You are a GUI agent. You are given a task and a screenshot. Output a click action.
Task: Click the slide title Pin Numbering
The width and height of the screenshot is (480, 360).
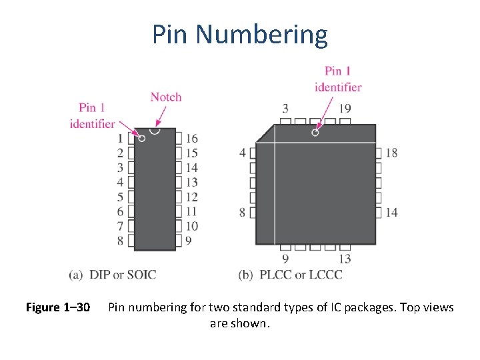pyautogui.click(x=240, y=34)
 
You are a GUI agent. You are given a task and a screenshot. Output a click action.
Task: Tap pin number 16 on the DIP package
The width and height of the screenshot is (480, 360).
pyautogui.click(x=192, y=139)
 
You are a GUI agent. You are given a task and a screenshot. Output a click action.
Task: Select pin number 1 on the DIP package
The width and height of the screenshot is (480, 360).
pyautogui.click(x=120, y=139)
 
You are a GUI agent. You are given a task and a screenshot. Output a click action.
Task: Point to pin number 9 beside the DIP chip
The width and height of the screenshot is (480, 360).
pyautogui.click(x=189, y=241)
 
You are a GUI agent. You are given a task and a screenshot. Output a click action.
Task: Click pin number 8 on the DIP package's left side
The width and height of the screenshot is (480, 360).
pyautogui.click(x=120, y=241)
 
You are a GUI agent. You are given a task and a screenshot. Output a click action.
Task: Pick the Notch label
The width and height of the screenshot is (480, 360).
pyautogui.click(x=166, y=97)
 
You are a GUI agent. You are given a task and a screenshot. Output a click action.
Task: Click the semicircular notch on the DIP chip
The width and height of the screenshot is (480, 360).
pyautogui.click(x=155, y=130)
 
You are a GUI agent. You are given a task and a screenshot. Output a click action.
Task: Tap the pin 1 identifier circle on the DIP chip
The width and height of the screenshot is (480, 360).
pyautogui.click(x=141, y=138)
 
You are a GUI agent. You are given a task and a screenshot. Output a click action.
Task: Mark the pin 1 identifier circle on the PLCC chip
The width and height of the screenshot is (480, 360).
pyautogui.click(x=315, y=132)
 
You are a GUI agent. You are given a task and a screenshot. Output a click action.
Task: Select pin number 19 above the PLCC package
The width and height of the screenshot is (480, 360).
pyautogui.click(x=345, y=109)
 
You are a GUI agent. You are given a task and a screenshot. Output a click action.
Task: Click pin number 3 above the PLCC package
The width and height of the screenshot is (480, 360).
pyautogui.click(x=285, y=109)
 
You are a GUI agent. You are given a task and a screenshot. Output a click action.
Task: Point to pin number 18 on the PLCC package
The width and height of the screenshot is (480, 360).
pyautogui.click(x=391, y=153)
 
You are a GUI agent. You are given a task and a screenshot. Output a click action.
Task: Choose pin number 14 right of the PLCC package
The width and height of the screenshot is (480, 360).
pyautogui.click(x=391, y=212)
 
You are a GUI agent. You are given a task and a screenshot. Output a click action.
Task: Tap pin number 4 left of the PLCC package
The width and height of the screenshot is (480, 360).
pyautogui.click(x=243, y=153)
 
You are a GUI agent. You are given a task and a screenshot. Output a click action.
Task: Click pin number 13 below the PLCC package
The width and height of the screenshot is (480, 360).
pyautogui.click(x=345, y=259)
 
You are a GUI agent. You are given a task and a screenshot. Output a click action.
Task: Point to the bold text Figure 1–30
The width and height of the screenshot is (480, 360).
pyautogui.click(x=58, y=307)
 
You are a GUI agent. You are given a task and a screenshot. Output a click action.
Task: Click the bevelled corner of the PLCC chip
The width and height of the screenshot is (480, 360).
pyautogui.click(x=265, y=133)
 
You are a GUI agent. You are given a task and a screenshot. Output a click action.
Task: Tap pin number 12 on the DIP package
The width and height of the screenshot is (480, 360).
pyautogui.click(x=192, y=197)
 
